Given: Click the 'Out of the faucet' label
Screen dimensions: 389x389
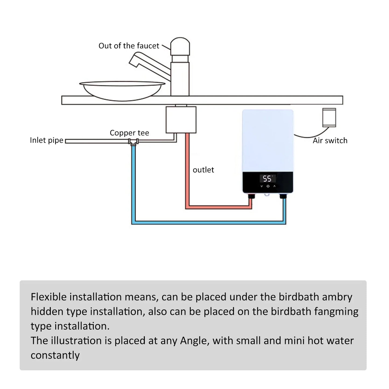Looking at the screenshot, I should [x=129, y=46].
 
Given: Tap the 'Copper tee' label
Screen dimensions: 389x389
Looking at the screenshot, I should [x=129, y=133].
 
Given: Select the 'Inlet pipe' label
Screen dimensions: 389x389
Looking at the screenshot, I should [x=47, y=140].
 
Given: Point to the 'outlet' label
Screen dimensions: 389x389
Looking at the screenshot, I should [x=203, y=170].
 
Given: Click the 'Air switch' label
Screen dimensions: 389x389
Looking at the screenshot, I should [x=330, y=141].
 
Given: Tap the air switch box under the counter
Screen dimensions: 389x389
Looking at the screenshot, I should [x=329, y=117].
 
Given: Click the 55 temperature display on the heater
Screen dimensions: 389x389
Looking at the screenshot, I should [x=267, y=179].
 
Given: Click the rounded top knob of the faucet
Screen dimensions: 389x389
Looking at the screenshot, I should [x=180, y=45].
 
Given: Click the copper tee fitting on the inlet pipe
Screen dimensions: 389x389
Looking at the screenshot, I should [x=133, y=142].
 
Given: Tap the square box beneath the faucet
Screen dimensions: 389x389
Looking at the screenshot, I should [x=181, y=120].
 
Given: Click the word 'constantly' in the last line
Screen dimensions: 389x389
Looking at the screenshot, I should [x=55, y=355].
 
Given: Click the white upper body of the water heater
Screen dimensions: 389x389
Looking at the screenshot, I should [x=268, y=140].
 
